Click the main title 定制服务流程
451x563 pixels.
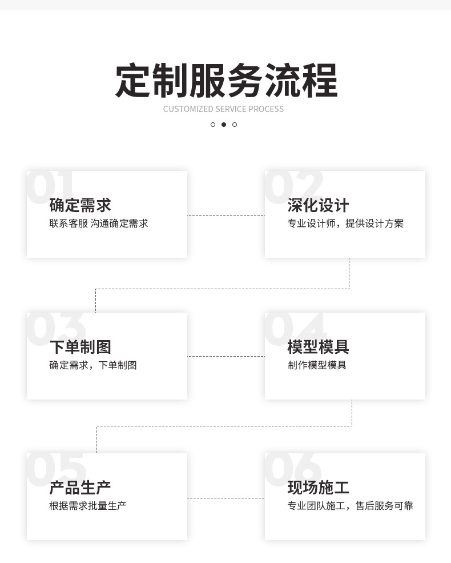point(226,81)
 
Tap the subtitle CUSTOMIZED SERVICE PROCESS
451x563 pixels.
point(223,109)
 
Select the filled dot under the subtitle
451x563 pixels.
point(223,125)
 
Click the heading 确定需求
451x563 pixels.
point(80,205)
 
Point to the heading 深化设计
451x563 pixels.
point(318,205)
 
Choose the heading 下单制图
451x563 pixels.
point(80,347)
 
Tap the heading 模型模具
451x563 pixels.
point(318,347)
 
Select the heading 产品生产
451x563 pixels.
point(80,488)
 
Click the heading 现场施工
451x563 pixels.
point(318,488)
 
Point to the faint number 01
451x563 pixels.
point(50,186)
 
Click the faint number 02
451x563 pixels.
point(293,186)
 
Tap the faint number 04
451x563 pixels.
point(295,328)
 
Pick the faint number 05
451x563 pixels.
point(56,469)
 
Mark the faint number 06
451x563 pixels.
point(293,469)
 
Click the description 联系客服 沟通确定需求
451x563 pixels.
point(98,223)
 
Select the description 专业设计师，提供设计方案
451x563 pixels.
point(345,223)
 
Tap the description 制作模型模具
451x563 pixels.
point(317,365)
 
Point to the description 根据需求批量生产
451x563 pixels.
point(87,506)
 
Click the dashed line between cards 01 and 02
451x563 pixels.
point(226,215)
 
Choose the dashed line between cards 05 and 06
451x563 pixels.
point(226,498)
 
